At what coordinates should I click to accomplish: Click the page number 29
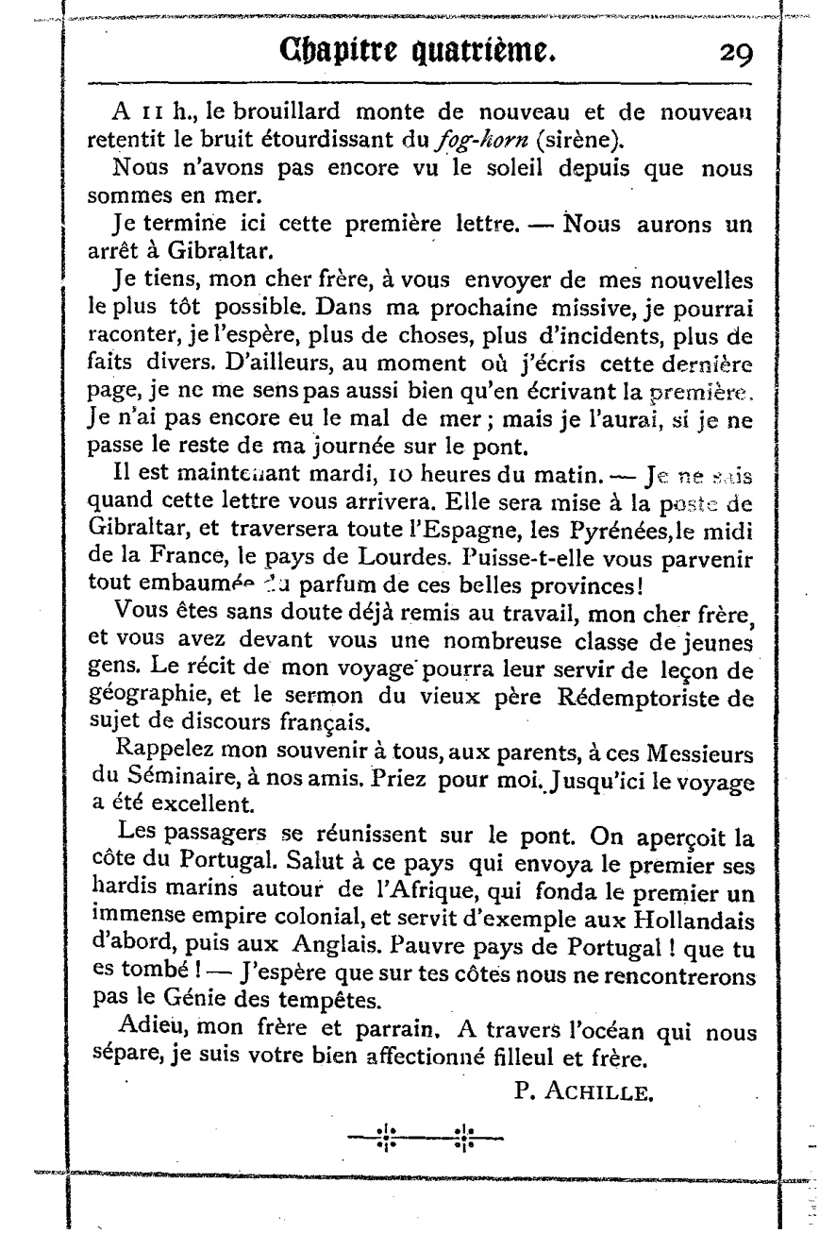click(734, 55)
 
